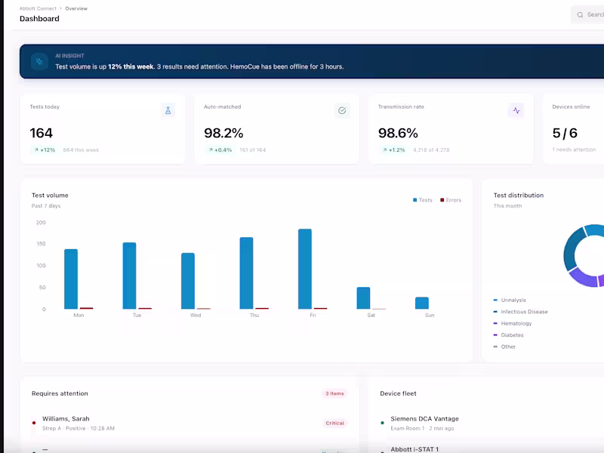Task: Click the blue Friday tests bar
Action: pyautogui.click(x=305, y=269)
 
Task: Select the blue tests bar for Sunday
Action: pyautogui.click(x=421, y=303)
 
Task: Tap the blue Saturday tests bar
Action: pyautogui.click(x=363, y=297)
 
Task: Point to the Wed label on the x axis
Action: pyautogui.click(x=196, y=316)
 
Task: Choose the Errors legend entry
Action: pyautogui.click(x=451, y=200)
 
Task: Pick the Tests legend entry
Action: pyautogui.click(x=423, y=200)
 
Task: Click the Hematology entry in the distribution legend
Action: pyautogui.click(x=516, y=323)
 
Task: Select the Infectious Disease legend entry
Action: pyautogui.click(x=524, y=312)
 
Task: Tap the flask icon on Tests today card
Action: pyautogui.click(x=168, y=110)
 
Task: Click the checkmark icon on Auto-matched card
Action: pyautogui.click(x=342, y=110)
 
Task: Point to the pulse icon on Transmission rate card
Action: pyautogui.click(x=516, y=110)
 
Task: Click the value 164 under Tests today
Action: pyautogui.click(x=42, y=133)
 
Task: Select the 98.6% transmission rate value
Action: pyautogui.click(x=398, y=133)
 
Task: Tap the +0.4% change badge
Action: pyautogui.click(x=220, y=150)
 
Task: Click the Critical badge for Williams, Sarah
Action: pyautogui.click(x=334, y=423)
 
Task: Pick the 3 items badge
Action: pyautogui.click(x=334, y=393)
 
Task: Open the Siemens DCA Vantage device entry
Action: pyautogui.click(x=424, y=419)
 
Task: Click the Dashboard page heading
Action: pyautogui.click(x=39, y=19)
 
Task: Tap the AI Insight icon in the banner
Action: pyautogui.click(x=40, y=62)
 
